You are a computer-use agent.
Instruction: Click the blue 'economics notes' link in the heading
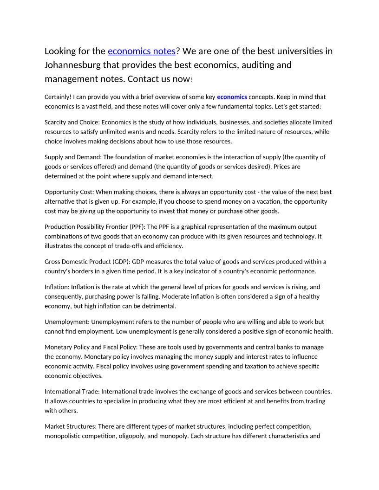tap(141, 51)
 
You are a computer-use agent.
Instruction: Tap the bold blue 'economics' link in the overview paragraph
tap(232, 97)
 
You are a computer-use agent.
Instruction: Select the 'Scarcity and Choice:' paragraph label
tap(72, 122)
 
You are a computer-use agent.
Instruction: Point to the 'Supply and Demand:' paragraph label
tap(72, 157)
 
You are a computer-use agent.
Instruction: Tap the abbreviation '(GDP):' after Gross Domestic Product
tap(121, 262)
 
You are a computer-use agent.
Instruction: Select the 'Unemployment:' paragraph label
tap(67, 322)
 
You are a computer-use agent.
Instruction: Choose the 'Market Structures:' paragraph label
tap(70, 426)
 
